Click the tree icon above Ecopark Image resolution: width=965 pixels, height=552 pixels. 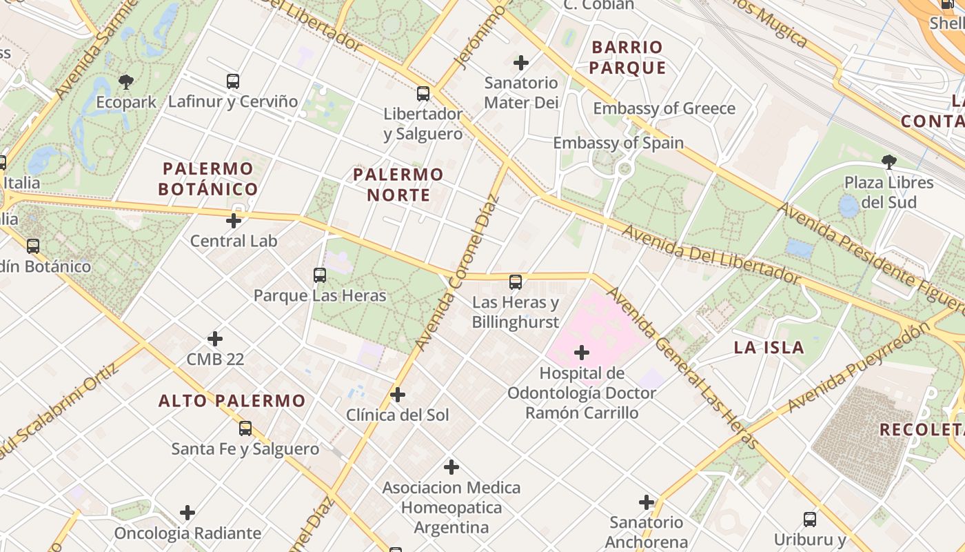pyautogui.click(x=126, y=82)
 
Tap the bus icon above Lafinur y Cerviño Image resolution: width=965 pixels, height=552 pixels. pyautogui.click(x=233, y=81)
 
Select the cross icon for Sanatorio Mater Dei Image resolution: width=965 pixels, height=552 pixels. pyautogui.click(x=521, y=63)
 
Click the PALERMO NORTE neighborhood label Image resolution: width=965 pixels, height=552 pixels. pyautogui.click(x=398, y=184)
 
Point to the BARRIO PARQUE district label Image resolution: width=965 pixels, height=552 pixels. pyautogui.click(x=627, y=57)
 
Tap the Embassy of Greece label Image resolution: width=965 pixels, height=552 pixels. pyautogui.click(x=664, y=108)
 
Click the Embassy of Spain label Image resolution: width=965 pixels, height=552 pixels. pyautogui.click(x=618, y=143)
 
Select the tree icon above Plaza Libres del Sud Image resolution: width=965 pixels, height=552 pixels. pyautogui.click(x=889, y=162)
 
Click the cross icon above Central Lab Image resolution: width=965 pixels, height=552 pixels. pyautogui.click(x=234, y=221)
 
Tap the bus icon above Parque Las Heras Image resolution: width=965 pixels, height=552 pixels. pyautogui.click(x=320, y=275)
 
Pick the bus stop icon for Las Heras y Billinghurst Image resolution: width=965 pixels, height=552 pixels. pyautogui.click(x=516, y=282)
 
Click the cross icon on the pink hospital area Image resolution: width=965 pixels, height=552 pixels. pyautogui.click(x=582, y=353)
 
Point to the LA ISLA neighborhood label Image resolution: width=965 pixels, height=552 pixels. pyautogui.click(x=769, y=347)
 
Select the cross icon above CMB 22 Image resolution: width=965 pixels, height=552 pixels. pyautogui.click(x=215, y=339)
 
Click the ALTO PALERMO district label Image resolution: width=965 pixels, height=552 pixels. pyautogui.click(x=232, y=400)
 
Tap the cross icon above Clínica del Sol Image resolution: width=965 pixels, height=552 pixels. pyautogui.click(x=398, y=395)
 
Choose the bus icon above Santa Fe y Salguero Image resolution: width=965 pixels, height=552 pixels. pyautogui.click(x=245, y=428)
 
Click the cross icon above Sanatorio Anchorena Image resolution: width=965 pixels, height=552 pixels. pyautogui.click(x=647, y=502)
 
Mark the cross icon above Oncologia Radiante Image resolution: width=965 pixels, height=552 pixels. pyautogui.click(x=187, y=513)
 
